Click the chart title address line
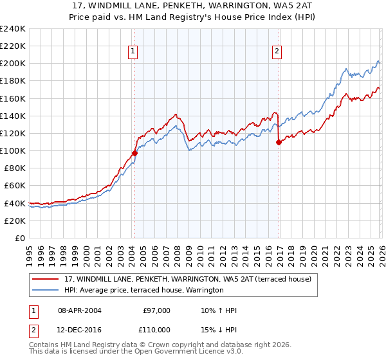pyautogui.click(x=192, y=6)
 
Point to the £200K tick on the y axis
pyautogui.click(x=13, y=64)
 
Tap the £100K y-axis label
pyautogui.click(x=13, y=150)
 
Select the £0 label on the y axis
pyautogui.click(x=21, y=238)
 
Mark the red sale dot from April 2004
pyautogui.click(x=134, y=153)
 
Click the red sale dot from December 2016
pyautogui.click(x=279, y=142)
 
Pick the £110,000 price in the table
pyautogui.click(x=157, y=329)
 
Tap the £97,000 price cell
pyautogui.click(x=157, y=310)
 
